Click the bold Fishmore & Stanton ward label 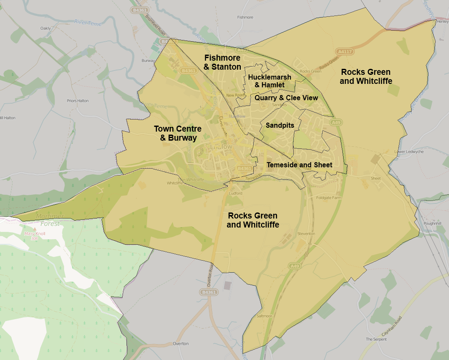point(222,62)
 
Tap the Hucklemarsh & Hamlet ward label point(270,81)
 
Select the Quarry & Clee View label point(286,98)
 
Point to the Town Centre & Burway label point(178,133)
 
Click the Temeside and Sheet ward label point(299,165)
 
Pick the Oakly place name point(46,28)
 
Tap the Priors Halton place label point(78,101)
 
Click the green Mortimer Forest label point(50,219)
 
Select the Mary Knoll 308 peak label point(34,236)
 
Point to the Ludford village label point(236,194)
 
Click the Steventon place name point(306,234)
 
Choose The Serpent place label point(376,339)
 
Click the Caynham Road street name point(392,326)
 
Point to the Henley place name point(443,21)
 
